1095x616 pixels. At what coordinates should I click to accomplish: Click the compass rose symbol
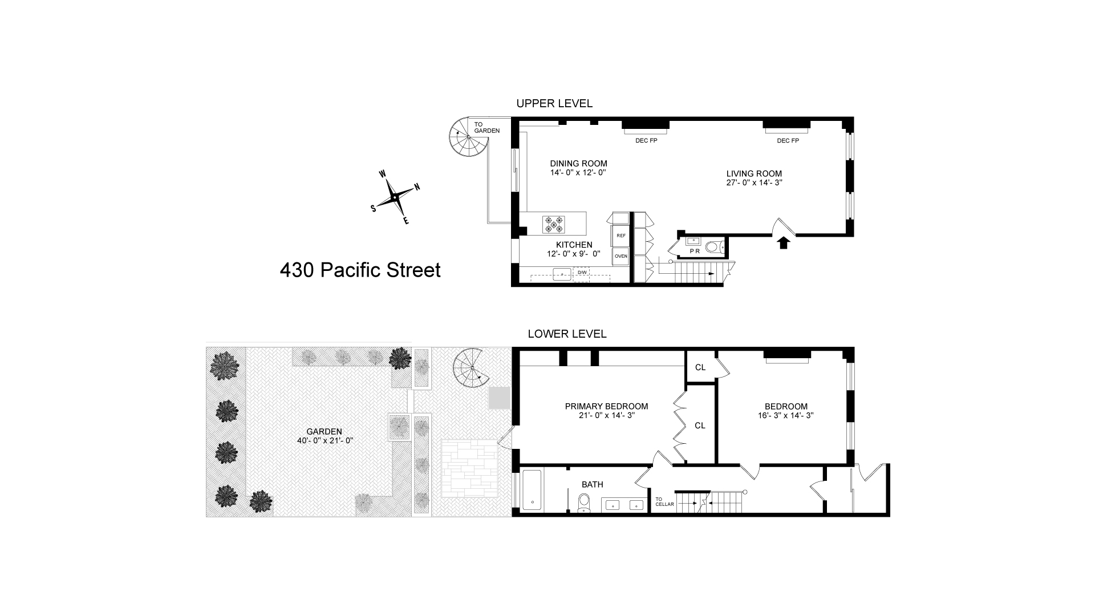395,197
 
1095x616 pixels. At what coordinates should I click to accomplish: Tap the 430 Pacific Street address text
360,270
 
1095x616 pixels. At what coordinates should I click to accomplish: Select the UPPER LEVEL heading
554,103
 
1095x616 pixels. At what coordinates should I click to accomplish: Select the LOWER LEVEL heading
567,334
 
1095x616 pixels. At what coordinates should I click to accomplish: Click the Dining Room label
578,164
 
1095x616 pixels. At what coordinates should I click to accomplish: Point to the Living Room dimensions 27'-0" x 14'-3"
753,183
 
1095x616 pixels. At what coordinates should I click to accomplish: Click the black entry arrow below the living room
784,242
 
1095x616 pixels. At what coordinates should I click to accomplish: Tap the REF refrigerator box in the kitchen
621,236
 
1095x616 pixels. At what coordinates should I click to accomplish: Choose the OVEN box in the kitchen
621,256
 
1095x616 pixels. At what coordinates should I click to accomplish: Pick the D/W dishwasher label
582,273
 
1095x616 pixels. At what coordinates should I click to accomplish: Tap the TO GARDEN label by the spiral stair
486,127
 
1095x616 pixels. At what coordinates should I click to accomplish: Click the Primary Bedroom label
606,407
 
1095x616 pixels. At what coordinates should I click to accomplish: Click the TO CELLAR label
664,501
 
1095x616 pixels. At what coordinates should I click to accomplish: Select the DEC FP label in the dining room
646,140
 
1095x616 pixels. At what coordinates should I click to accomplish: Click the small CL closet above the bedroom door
700,367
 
